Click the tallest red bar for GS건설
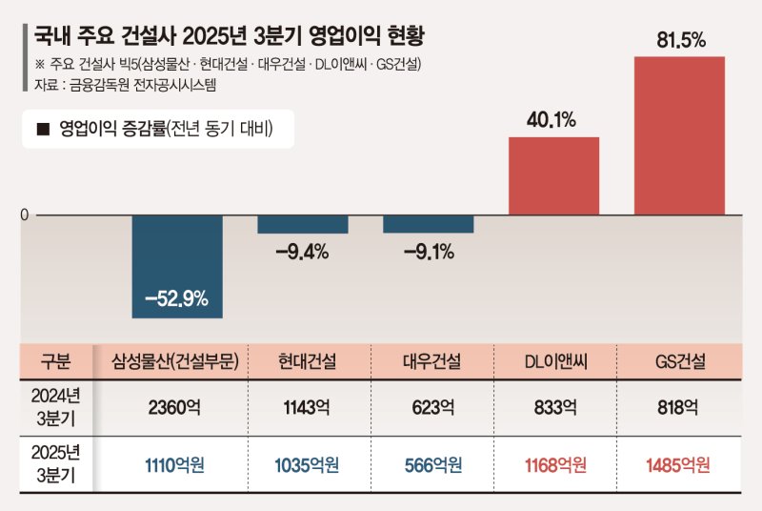679,135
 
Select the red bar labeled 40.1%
553,176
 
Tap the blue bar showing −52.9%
176,266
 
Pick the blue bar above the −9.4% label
302,224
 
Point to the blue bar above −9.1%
428,224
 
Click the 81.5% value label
679,40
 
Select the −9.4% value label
302,253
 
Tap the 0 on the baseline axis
25,215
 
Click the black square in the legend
42,130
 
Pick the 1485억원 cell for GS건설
679,466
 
